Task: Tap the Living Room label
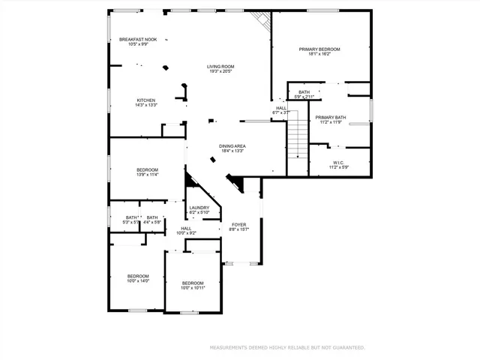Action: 220,67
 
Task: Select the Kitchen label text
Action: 145,100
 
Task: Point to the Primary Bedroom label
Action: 319,49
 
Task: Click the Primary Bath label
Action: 330,117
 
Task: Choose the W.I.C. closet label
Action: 337,163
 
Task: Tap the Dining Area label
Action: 232,146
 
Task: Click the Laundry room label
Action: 199,208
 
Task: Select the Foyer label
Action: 238,224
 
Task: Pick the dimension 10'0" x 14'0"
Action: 138,280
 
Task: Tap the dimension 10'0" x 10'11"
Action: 193,287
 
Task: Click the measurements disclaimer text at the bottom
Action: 287,348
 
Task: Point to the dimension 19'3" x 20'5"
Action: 220,71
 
